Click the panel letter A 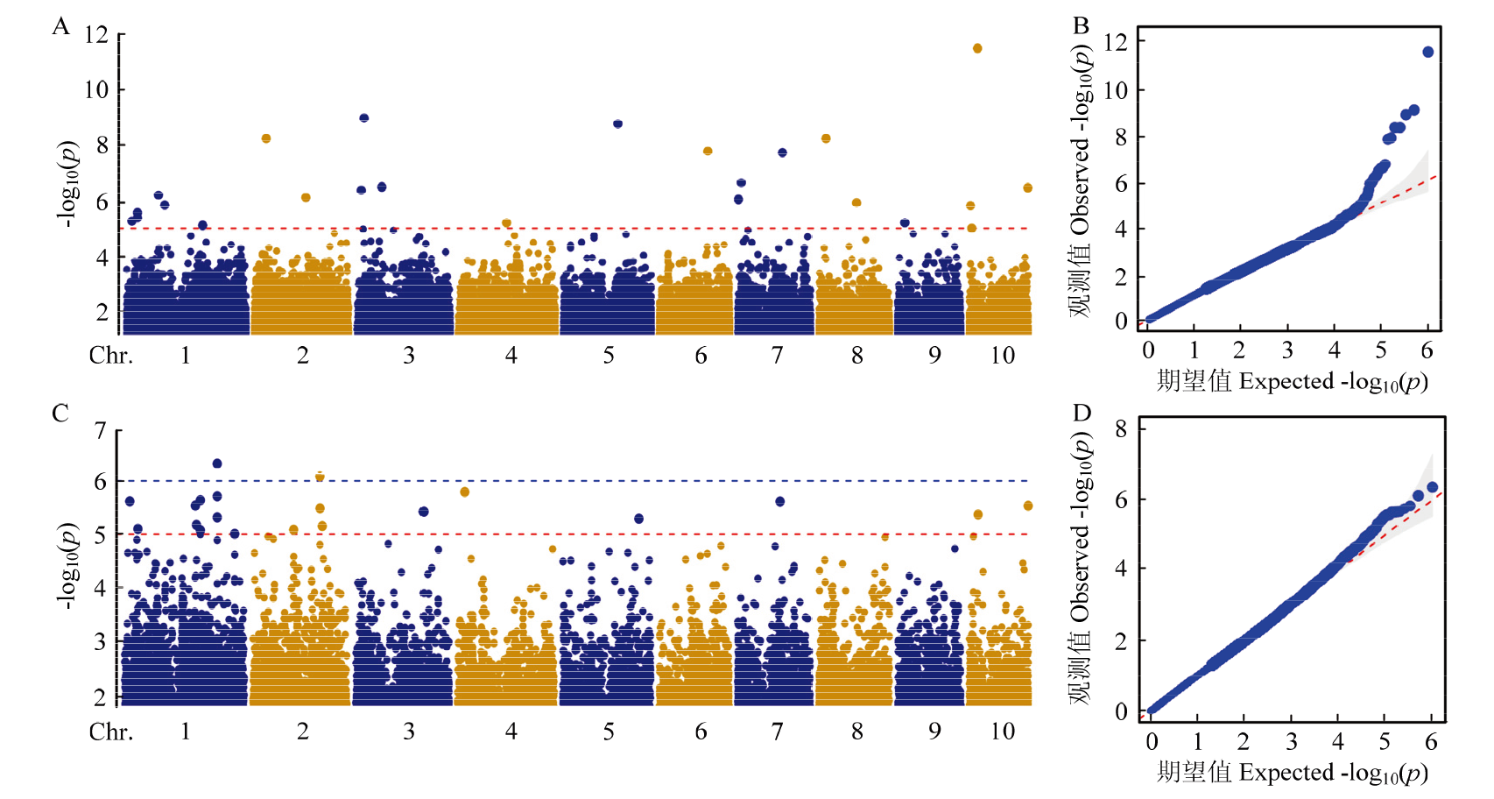(x=60, y=26)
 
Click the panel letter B (x=1082, y=25)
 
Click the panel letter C (x=60, y=413)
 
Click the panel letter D (x=1082, y=413)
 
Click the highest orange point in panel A (x=977, y=48)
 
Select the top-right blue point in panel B (x=1428, y=52)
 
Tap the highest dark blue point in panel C (x=217, y=463)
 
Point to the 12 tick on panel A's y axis (x=96, y=35)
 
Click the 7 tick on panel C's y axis (x=101, y=430)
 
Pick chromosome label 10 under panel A (x=1003, y=355)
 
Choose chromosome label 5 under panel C (x=609, y=731)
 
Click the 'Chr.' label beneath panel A (x=111, y=355)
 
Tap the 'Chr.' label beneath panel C (x=111, y=731)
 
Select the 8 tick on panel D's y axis (x=1121, y=428)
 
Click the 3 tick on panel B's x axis (x=1287, y=350)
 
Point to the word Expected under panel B (x=1286, y=381)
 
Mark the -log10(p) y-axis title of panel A (x=68, y=184)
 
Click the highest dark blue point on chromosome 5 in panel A (x=618, y=124)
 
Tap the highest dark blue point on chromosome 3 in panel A (x=364, y=117)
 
